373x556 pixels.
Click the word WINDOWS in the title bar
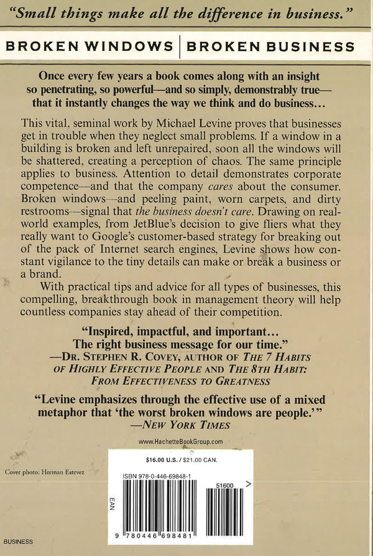click(x=132, y=47)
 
